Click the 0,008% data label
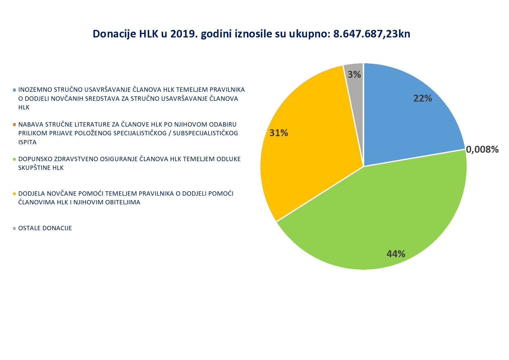pyautogui.click(x=482, y=149)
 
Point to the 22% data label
pyautogui.click(x=423, y=98)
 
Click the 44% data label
pyautogui.click(x=396, y=254)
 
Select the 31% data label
pyautogui.click(x=279, y=133)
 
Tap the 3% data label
pyautogui.click(x=354, y=75)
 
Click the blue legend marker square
pyautogui.click(x=14, y=90)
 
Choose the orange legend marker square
pyautogui.click(x=14, y=125)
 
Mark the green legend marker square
pyautogui.click(x=14, y=159)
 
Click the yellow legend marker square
pyautogui.click(x=14, y=194)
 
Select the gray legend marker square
pyautogui.click(x=14, y=228)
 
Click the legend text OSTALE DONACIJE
pyautogui.click(x=45, y=228)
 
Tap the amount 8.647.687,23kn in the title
pyautogui.click(x=372, y=34)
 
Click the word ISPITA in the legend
pyautogui.click(x=27, y=142)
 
